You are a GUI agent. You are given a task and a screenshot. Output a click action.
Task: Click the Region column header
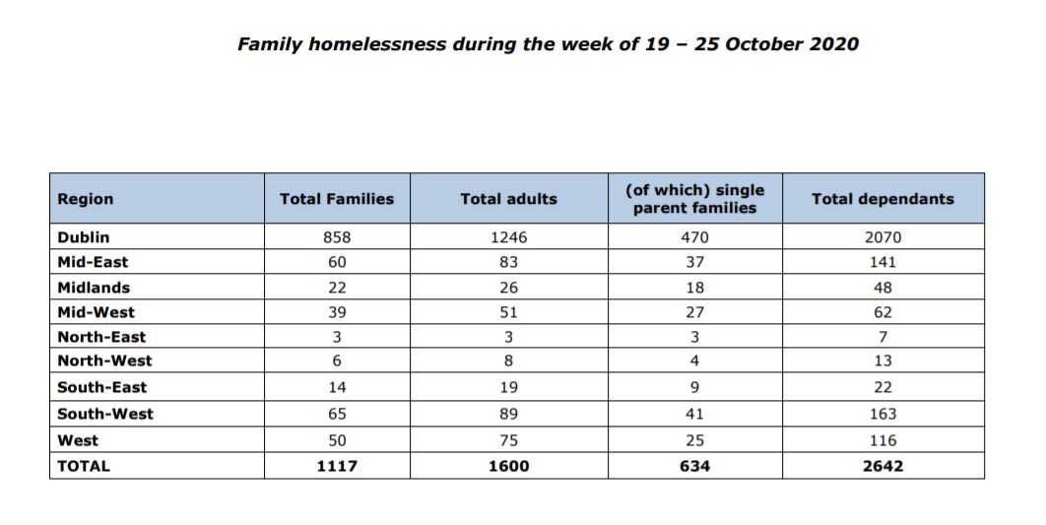86,199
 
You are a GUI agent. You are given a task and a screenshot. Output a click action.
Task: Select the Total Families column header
337,199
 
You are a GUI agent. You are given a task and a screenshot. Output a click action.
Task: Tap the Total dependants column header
883,199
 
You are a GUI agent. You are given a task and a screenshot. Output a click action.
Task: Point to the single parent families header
694,199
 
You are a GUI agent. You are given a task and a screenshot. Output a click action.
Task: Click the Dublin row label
84,237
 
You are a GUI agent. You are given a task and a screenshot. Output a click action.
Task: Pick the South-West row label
105,414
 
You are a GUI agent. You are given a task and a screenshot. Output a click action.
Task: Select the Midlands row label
94,288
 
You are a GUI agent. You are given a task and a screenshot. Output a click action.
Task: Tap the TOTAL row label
84,466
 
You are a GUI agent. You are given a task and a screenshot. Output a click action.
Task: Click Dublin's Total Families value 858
337,237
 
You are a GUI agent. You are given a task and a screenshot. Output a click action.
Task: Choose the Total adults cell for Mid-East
508,262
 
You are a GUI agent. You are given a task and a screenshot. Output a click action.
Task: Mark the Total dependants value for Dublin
883,237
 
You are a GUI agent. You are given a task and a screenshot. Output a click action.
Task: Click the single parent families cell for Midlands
694,288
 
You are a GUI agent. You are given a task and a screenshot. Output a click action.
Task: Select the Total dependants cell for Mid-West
883,312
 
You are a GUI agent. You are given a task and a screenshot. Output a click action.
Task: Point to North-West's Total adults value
508,361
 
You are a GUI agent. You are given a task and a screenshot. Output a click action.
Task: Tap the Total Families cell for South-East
337,387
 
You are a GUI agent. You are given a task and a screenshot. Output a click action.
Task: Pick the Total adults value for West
508,440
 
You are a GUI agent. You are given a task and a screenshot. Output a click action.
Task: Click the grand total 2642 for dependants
883,466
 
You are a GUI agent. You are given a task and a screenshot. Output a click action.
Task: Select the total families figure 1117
337,466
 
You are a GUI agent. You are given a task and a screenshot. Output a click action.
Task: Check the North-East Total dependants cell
883,337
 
